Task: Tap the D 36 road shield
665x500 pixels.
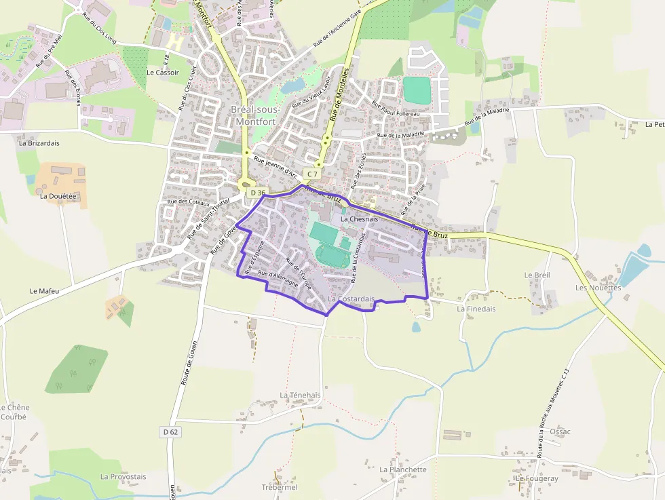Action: point(256,193)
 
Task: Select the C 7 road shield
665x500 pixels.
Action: point(312,174)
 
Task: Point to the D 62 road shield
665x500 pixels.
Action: point(170,431)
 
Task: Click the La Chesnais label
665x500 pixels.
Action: point(359,219)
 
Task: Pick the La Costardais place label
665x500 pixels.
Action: point(351,299)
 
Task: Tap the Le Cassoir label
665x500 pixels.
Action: point(163,73)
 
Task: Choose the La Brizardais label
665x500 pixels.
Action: point(39,143)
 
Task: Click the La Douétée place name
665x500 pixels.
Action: point(58,196)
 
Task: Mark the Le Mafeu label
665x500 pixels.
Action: point(45,290)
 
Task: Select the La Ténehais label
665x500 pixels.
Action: point(300,395)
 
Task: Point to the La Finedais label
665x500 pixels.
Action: point(476,309)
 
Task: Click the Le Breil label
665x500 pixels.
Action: point(537,275)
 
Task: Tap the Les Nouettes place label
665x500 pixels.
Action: point(598,288)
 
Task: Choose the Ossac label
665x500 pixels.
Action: point(560,431)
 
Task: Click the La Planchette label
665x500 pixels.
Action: point(403,469)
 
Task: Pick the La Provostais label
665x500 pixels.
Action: point(123,476)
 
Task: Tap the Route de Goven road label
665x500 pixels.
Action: point(188,363)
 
